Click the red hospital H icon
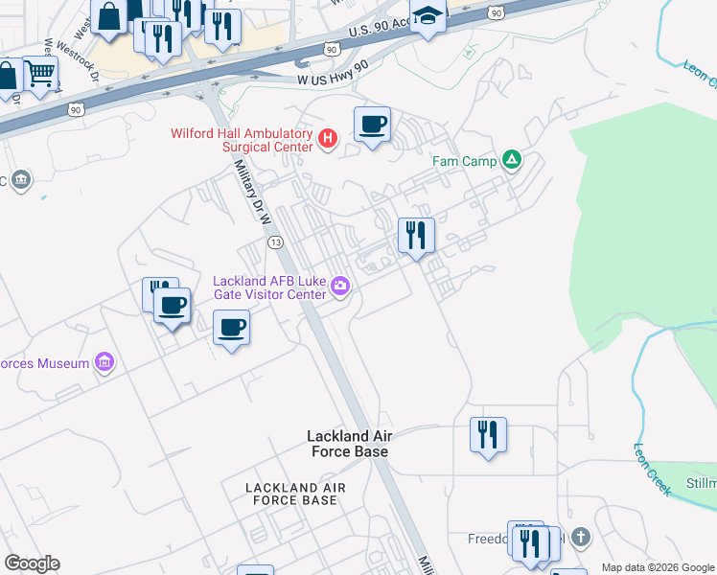tap(328, 139)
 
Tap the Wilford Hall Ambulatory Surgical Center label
tap(242, 140)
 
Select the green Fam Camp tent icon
tap(512, 160)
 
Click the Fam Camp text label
tap(464, 161)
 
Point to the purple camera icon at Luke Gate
tap(339, 286)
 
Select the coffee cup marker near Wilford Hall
tap(372, 124)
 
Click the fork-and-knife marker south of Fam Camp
tap(416, 235)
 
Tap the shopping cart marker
tap(39, 73)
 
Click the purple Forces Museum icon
tap(104, 362)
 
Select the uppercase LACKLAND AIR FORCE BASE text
tap(291, 494)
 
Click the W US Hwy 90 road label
tap(333, 73)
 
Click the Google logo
tap(32, 563)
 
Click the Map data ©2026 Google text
tap(658, 567)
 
